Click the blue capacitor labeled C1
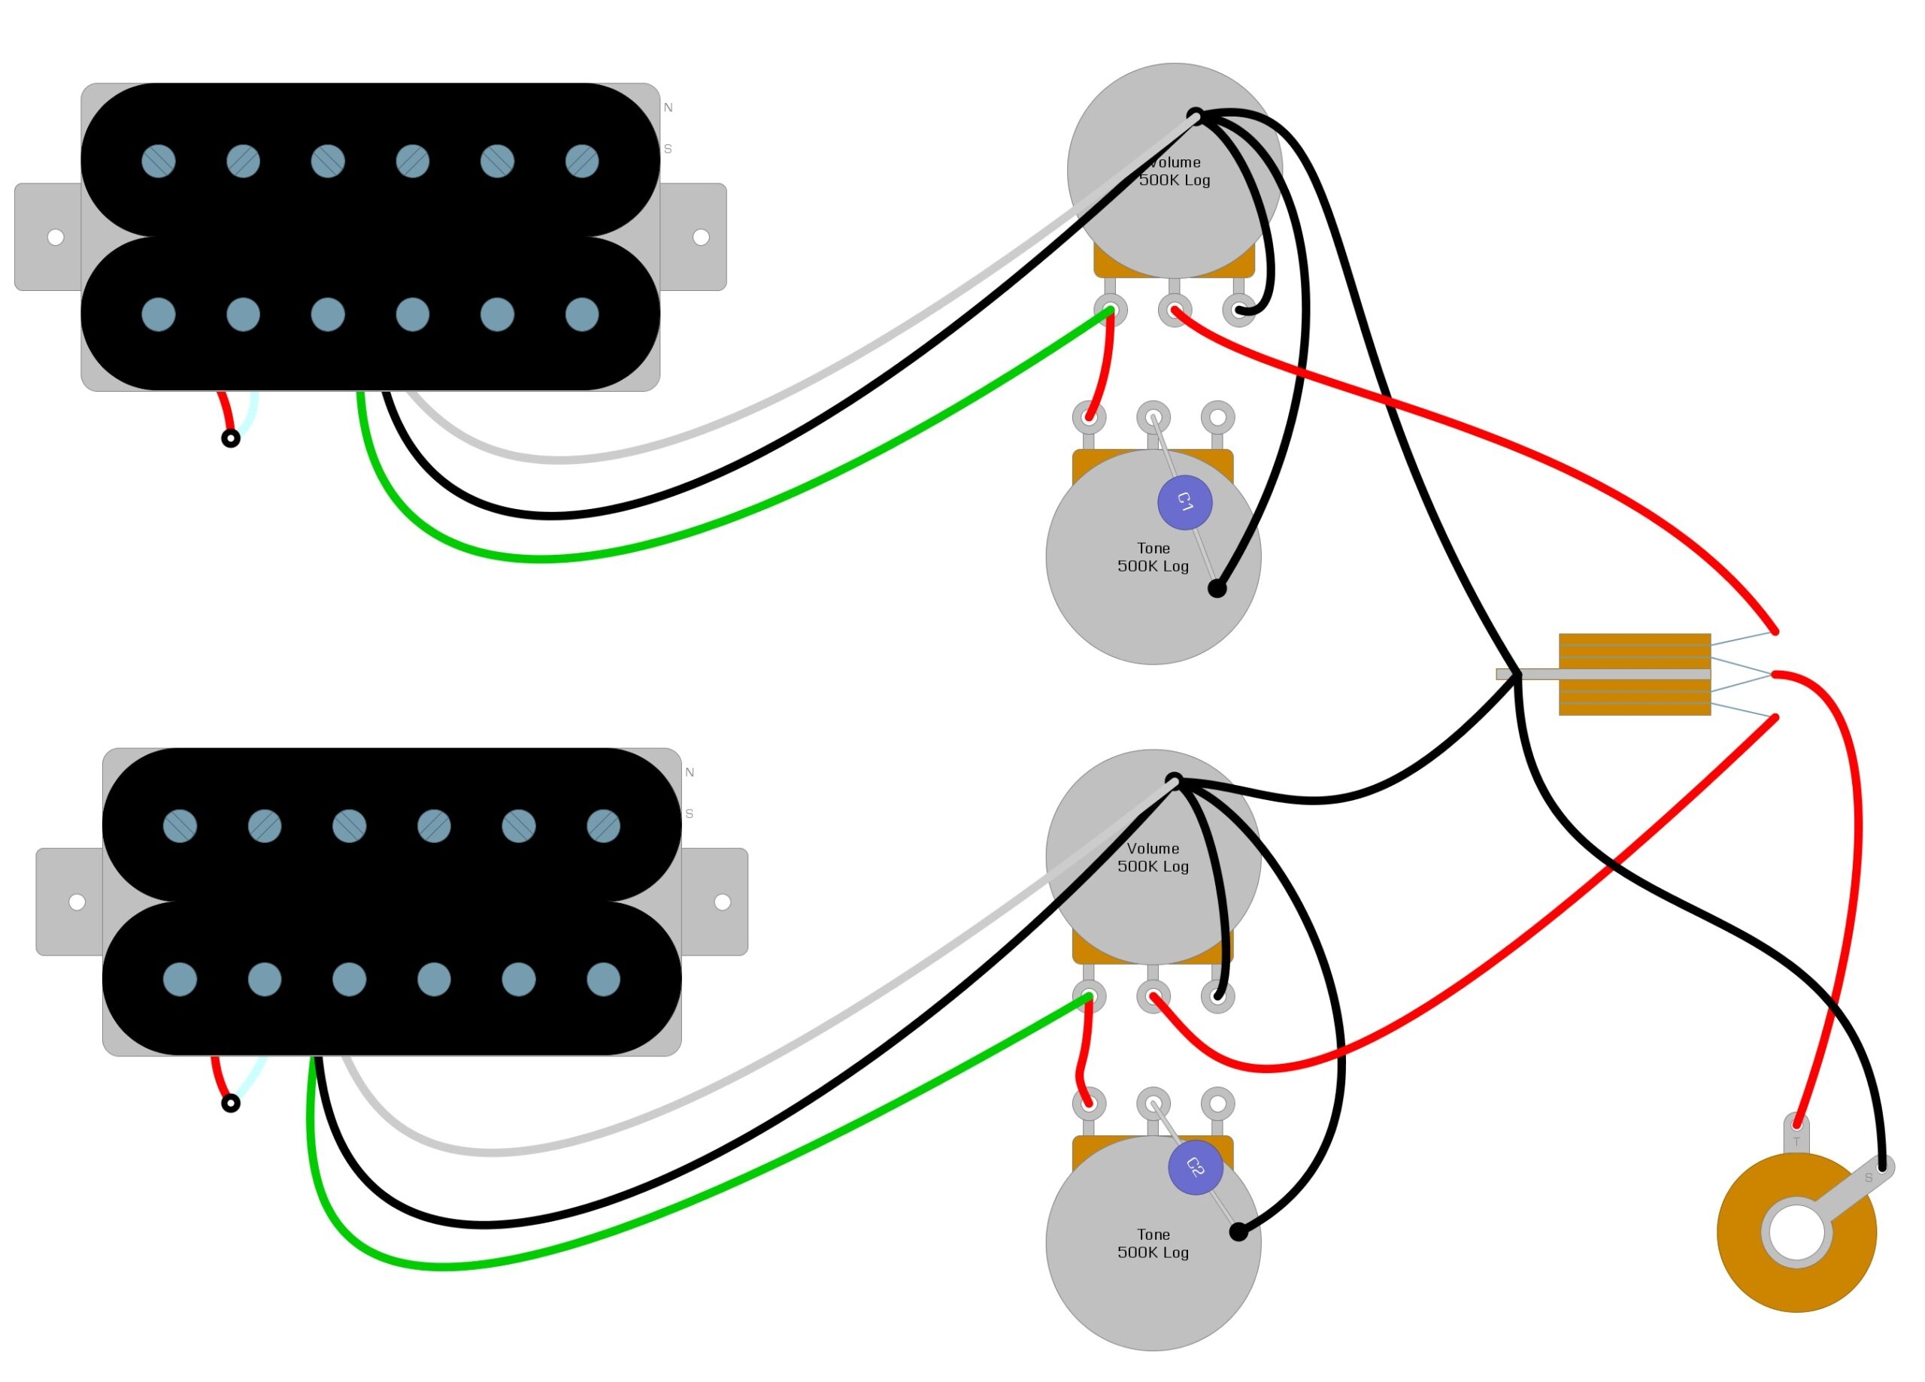[x=1185, y=503]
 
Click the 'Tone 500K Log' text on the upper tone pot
[x=1153, y=557]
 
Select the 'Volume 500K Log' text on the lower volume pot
[x=1153, y=857]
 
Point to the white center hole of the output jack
[x=1797, y=1232]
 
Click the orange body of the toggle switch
[x=1634, y=675]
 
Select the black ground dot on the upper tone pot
[x=1217, y=588]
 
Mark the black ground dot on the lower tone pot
[x=1238, y=1232]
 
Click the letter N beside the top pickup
[x=668, y=108]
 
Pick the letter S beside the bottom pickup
[x=690, y=814]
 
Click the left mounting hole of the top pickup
[x=56, y=237]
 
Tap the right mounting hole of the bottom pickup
[x=723, y=902]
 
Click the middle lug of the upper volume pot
[x=1175, y=310]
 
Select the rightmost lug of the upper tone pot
[x=1218, y=417]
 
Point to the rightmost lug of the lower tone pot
[x=1218, y=1104]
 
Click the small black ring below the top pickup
[x=231, y=439]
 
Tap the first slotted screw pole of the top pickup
[x=159, y=160]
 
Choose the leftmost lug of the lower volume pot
[x=1089, y=996]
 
